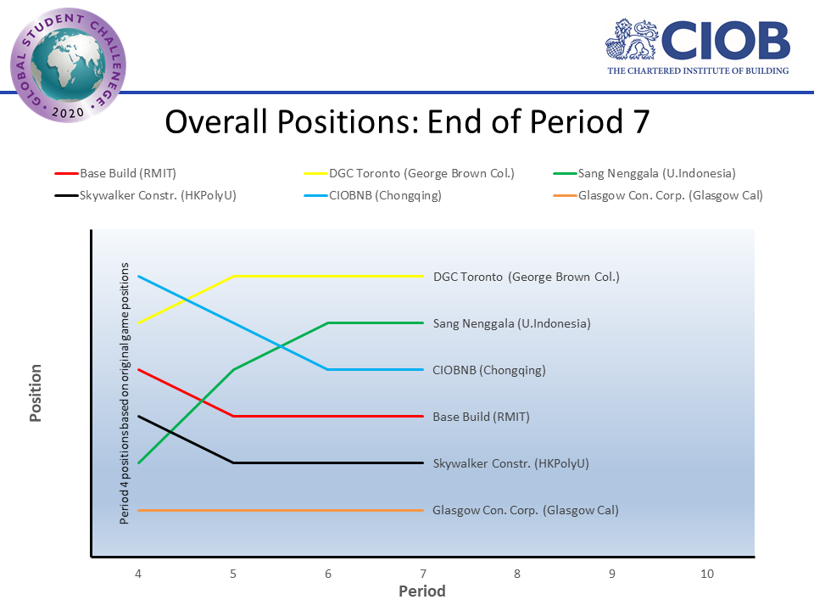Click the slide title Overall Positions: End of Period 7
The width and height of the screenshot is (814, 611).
tap(407, 121)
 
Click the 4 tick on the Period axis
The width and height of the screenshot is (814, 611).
tap(138, 574)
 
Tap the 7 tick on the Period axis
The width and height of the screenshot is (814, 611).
tap(422, 574)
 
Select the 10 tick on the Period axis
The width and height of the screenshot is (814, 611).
tap(707, 574)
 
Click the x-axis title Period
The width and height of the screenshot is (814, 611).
tap(422, 591)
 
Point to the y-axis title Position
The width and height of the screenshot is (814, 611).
tap(36, 393)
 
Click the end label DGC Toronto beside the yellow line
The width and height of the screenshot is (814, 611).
tap(526, 277)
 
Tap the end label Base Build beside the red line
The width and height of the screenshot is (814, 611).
tap(481, 417)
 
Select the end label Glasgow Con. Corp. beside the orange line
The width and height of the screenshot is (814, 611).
tap(525, 510)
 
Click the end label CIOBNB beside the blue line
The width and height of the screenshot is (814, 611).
tap(488, 370)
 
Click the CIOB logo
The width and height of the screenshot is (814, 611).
tap(697, 45)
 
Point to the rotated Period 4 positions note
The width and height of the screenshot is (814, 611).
tap(125, 393)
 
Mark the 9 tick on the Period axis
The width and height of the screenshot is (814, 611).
tap(612, 574)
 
